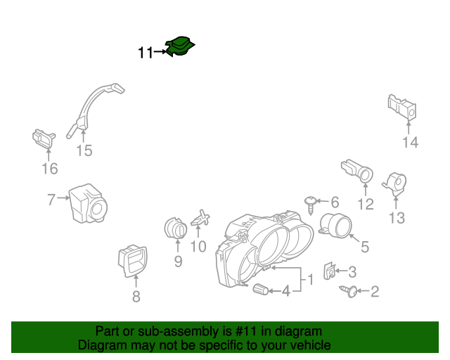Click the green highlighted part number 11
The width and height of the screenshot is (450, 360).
tap(180, 46)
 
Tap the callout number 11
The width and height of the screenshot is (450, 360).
tap(146, 53)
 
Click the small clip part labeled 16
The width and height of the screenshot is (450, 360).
tap(44, 139)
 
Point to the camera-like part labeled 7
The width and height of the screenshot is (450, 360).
tap(88, 203)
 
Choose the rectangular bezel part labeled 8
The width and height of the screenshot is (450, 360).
tap(133, 261)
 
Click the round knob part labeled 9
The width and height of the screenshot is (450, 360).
tap(176, 228)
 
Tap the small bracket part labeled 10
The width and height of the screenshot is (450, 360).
tap(200, 219)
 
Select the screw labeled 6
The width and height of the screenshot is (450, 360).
tap(311, 205)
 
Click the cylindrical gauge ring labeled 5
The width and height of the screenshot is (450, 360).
tap(335, 226)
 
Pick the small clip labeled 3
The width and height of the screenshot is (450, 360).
tap(330, 271)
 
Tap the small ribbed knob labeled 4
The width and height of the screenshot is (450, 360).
tap(261, 289)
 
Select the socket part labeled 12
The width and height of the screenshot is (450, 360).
tap(357, 171)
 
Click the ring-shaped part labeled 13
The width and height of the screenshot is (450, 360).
tap(395, 183)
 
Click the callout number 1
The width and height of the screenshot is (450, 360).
tap(311, 279)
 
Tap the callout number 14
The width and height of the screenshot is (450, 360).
tap(411, 142)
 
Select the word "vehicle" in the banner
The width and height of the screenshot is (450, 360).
tap(312, 345)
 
